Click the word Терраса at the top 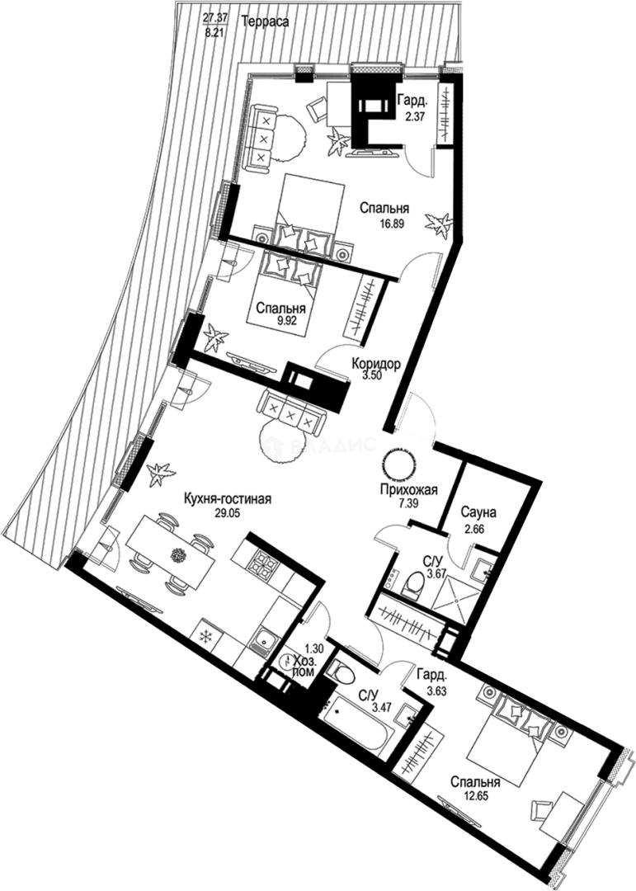tap(265, 23)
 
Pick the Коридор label tap(376, 364)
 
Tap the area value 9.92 tap(276, 322)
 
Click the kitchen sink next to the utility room tap(265, 639)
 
